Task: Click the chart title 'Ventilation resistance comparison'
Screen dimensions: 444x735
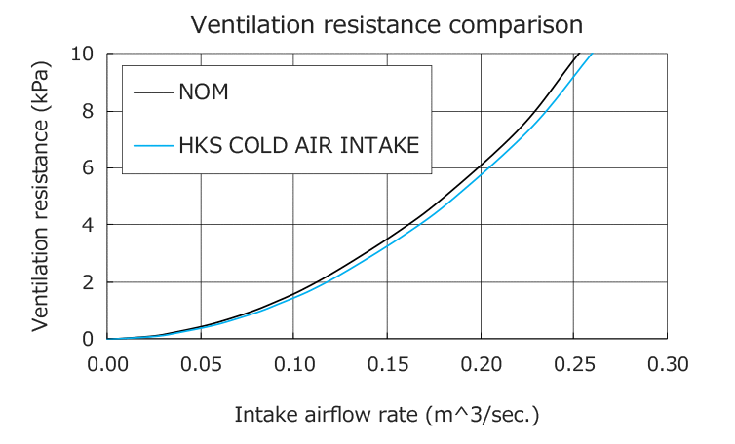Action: point(387,23)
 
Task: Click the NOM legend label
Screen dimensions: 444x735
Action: point(204,93)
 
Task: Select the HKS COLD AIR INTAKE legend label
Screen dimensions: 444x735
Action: point(299,146)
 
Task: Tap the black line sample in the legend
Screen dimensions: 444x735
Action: point(153,94)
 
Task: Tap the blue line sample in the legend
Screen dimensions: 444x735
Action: point(153,147)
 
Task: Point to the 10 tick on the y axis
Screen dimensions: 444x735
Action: point(83,53)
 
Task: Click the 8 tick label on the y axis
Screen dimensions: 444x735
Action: point(88,110)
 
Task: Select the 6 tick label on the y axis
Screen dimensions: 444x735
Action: point(88,167)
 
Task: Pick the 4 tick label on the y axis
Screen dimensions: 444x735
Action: point(88,225)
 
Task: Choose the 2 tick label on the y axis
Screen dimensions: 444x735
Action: point(88,282)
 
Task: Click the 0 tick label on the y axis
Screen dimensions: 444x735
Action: point(88,339)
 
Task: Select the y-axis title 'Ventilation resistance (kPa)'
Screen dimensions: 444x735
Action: point(41,196)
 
